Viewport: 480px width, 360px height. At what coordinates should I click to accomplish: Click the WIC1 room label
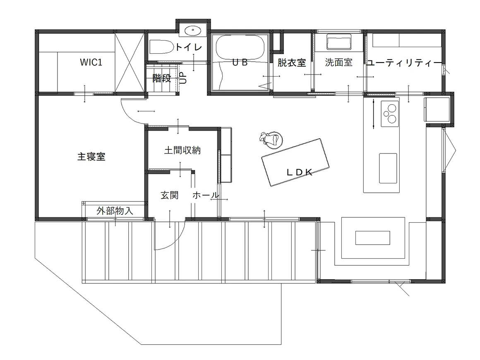[x=91, y=62]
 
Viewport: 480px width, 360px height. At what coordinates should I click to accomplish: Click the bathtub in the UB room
[x=240, y=47]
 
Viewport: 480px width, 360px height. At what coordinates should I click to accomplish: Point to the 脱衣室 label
[x=292, y=63]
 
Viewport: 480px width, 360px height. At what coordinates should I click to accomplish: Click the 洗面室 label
[x=338, y=62]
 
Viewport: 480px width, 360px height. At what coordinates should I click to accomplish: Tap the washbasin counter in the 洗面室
[x=339, y=42]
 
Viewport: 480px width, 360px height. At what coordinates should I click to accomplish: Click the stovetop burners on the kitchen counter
[x=390, y=114]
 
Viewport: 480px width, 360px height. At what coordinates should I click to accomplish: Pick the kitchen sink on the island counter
[x=388, y=168]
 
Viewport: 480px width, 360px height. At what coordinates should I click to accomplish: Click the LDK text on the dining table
[x=300, y=173]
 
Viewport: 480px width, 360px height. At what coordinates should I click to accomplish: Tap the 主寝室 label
[x=91, y=157]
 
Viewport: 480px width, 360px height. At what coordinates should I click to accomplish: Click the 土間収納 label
[x=182, y=150]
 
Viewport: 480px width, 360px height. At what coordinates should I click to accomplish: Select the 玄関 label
[x=169, y=195]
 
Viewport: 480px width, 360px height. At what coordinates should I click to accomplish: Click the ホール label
[x=206, y=195]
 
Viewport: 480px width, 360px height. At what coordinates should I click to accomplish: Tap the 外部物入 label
[x=115, y=211]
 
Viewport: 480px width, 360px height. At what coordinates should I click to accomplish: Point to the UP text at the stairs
[x=183, y=78]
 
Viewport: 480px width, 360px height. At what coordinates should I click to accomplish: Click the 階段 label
[x=162, y=78]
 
